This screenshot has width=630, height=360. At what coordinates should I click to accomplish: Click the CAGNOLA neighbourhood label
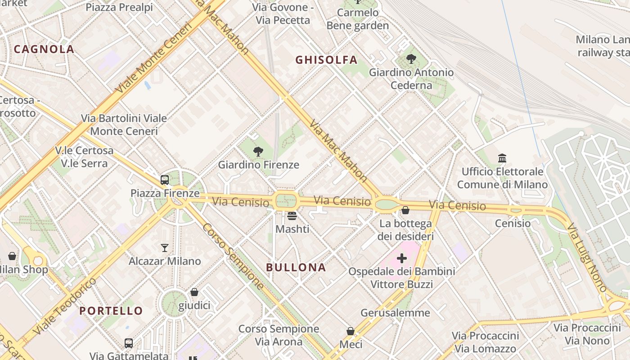tap(44, 49)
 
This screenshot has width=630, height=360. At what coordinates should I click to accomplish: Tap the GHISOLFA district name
tap(326, 60)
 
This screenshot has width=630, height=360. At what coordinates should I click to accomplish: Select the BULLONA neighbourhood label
tap(296, 267)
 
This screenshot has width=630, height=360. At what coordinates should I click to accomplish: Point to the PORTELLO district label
tap(111, 310)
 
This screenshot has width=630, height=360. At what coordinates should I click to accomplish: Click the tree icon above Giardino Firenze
tap(258, 152)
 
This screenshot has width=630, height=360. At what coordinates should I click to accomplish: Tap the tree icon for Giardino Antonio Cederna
tap(411, 59)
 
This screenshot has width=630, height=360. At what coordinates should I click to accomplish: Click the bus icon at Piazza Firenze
tap(165, 180)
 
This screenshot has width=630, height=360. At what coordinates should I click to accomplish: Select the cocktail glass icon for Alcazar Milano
tap(165, 248)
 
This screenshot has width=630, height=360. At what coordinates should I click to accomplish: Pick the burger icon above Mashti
tap(292, 216)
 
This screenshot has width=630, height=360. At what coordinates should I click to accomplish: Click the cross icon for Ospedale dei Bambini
tap(402, 258)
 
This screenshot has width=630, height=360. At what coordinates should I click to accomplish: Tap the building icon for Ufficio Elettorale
tap(502, 158)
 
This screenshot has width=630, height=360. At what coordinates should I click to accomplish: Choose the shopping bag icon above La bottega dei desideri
tap(405, 210)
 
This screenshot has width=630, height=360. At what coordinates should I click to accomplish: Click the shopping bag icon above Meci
tap(351, 331)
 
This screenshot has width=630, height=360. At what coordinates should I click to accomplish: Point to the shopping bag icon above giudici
tap(194, 292)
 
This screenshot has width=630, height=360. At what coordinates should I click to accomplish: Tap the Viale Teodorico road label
tap(65, 306)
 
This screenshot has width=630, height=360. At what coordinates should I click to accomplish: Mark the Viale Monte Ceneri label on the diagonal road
tap(153, 58)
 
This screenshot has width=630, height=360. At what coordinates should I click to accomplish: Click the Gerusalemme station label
tap(395, 313)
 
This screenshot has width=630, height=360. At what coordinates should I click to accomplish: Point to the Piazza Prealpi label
tap(119, 7)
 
